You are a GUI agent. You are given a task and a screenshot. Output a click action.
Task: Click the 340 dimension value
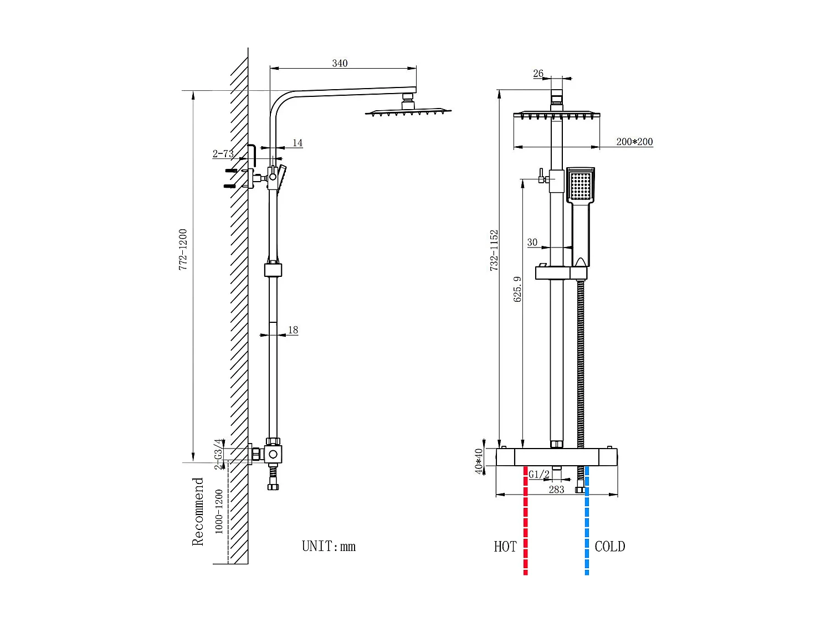pos(340,63)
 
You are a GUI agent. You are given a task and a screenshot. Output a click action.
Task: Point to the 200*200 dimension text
pos(634,142)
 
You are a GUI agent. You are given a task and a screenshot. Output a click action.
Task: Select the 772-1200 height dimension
pos(183,249)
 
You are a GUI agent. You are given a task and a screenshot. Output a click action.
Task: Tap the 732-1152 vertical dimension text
pos(494,250)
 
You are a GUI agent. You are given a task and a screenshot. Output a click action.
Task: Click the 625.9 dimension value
pos(518,289)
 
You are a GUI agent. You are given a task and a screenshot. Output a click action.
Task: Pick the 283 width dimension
pos(556,490)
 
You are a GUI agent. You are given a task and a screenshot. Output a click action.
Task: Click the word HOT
pos(505,547)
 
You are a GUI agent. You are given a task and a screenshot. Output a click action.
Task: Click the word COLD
pos(609,547)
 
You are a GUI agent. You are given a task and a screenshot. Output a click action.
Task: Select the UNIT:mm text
pos(329,547)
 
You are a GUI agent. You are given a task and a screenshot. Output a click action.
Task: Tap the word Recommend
pos(198,512)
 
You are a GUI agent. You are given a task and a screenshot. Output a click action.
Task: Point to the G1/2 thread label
pos(538,475)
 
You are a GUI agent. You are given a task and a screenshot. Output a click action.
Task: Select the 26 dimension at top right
pos(538,73)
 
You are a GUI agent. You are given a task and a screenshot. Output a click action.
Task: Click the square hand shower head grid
pos(581,186)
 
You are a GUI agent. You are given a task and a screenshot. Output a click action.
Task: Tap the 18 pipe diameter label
pos(293,330)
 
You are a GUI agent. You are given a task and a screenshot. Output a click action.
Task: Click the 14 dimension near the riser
pos(297,143)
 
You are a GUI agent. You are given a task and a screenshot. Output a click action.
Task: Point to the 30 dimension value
pos(532,243)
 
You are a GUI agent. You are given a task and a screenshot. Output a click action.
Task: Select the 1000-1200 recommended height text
pos(219,511)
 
